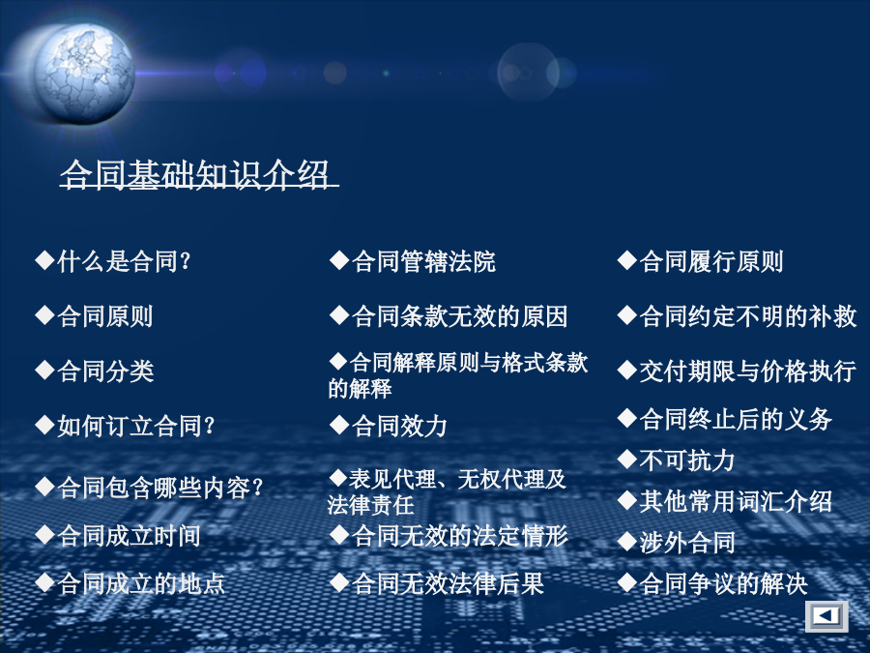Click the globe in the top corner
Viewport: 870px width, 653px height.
point(83,74)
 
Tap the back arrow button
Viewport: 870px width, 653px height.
point(826,616)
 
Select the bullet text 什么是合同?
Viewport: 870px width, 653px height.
point(125,261)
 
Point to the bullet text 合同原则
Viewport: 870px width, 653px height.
point(104,316)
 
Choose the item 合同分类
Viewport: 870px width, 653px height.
point(105,371)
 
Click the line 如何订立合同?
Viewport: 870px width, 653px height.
point(136,426)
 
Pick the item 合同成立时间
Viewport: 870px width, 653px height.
point(129,535)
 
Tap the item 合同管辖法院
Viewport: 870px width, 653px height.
point(424,261)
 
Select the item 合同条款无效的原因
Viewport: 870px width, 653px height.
point(459,316)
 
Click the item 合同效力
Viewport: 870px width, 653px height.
point(399,426)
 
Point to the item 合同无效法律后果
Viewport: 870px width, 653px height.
point(448,583)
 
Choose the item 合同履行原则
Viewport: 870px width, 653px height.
point(710,261)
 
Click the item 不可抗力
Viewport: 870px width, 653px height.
point(687,460)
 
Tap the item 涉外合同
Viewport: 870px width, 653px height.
point(687,542)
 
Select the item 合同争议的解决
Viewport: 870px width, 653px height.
point(723,583)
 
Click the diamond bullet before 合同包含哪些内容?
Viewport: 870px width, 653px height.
point(44,487)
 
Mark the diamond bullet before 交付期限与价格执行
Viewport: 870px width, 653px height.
point(627,370)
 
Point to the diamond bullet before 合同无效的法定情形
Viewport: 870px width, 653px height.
point(339,535)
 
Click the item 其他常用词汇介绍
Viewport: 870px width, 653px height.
point(736,501)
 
